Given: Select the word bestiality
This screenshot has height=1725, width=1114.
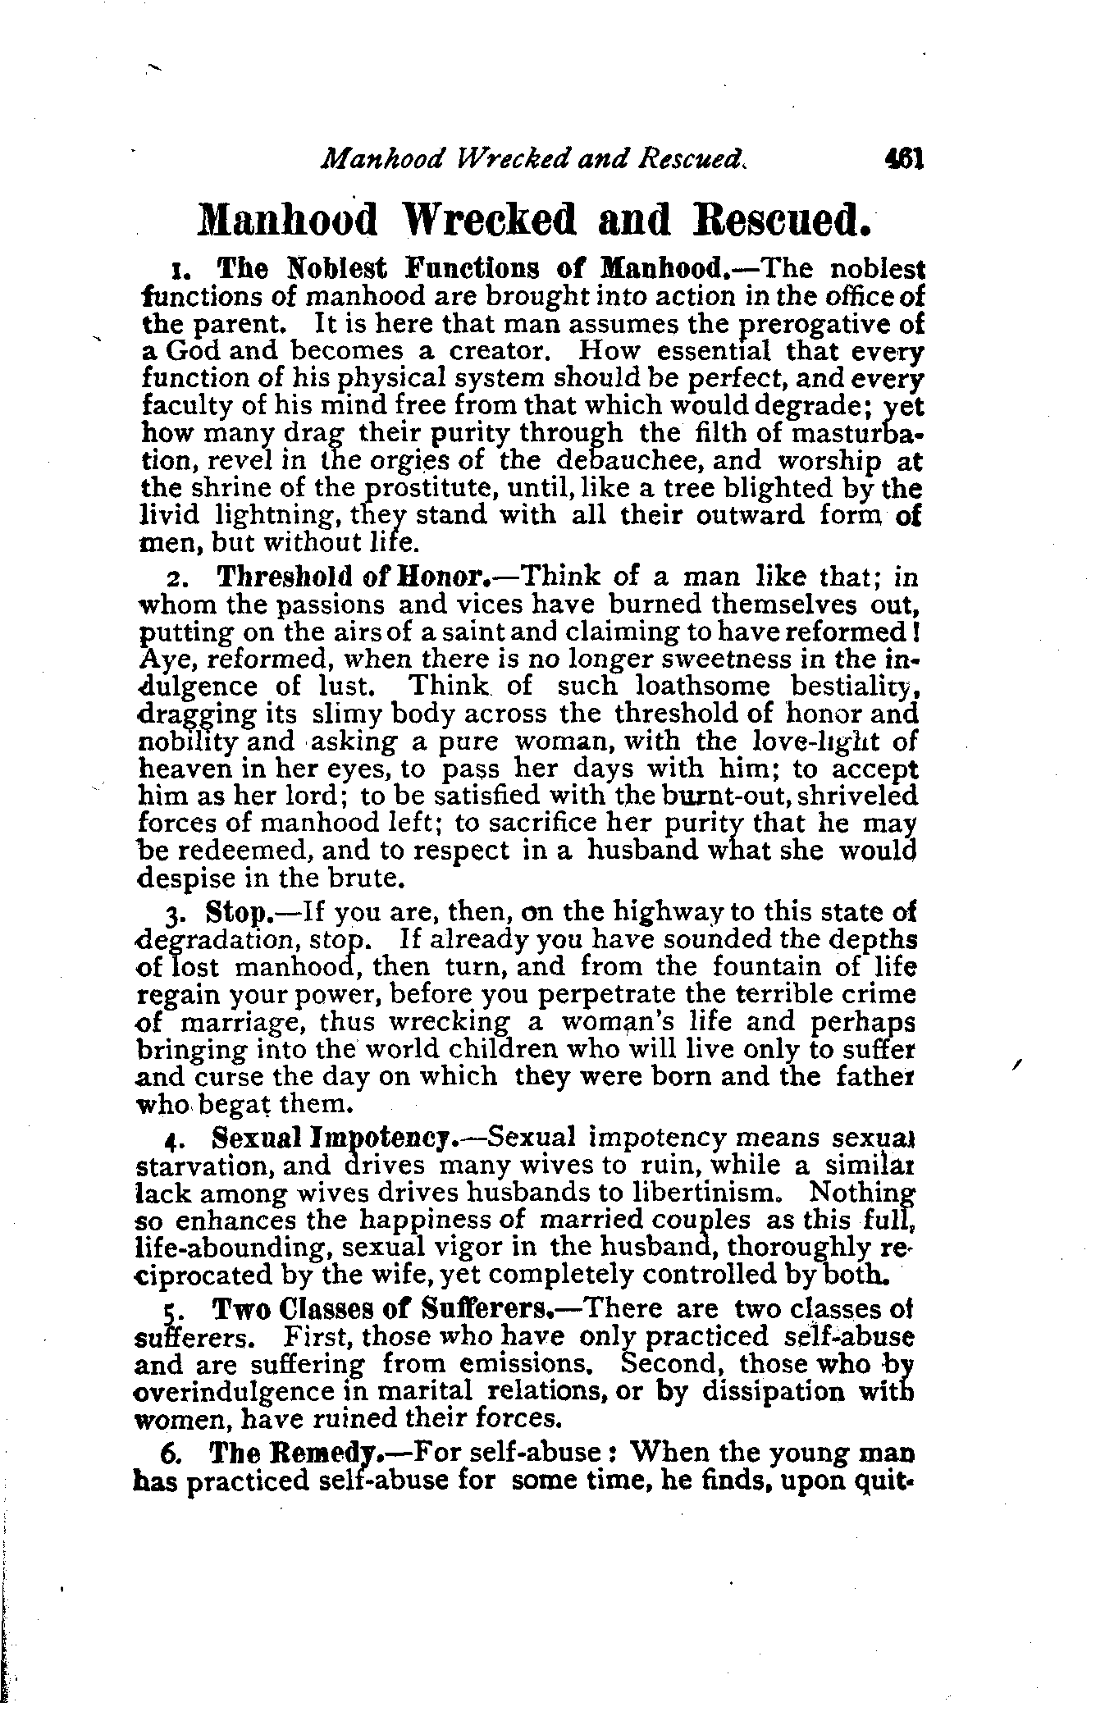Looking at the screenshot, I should point(854,686).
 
